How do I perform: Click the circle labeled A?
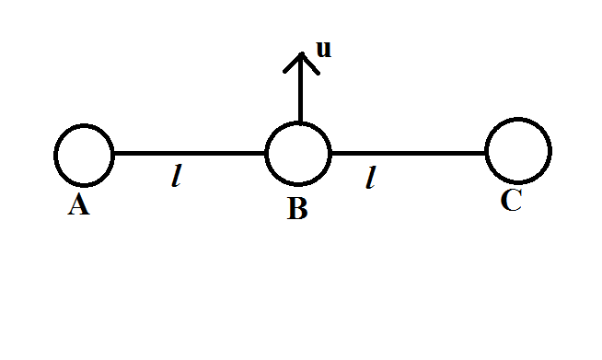[x=84, y=154]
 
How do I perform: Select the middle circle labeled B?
[x=298, y=153]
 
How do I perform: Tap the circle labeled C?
[x=518, y=152]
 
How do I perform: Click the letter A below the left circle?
[x=79, y=206]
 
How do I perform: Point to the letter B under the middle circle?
[x=296, y=210]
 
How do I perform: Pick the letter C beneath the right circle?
[x=512, y=202]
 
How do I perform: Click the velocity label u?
[x=323, y=49]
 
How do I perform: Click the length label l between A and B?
[x=176, y=178]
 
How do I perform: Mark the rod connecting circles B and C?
[x=408, y=153]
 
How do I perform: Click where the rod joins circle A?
[x=113, y=153]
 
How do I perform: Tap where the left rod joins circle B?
[x=267, y=153]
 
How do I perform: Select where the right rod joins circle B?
[x=330, y=153]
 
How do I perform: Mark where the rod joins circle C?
[x=487, y=153]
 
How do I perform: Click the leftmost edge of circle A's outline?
[x=55, y=154]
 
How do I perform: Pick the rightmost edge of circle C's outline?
[x=550, y=152]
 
